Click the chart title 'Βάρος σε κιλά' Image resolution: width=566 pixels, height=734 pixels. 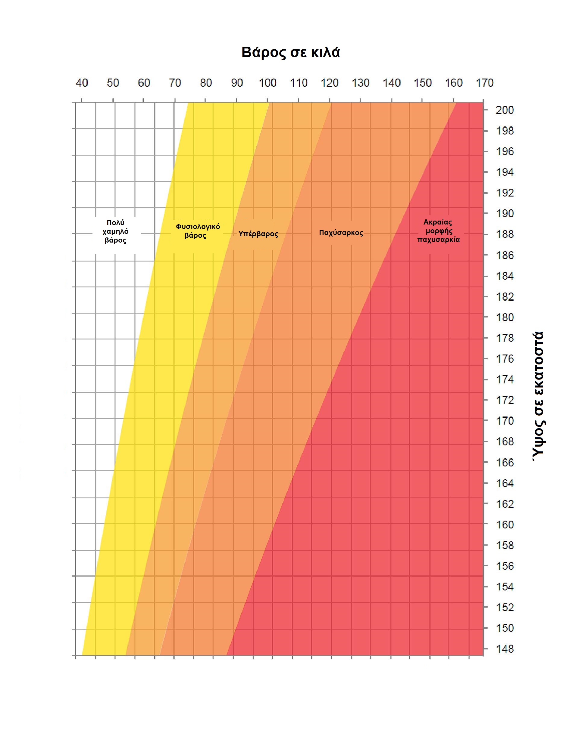coord(291,52)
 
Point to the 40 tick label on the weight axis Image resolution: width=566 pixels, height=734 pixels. coord(82,83)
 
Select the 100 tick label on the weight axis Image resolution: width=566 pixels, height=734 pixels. coord(267,83)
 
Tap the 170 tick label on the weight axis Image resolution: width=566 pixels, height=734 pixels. coord(484,83)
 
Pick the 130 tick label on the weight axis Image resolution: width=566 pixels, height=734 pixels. coord(361,83)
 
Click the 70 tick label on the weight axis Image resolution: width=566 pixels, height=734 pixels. coord(175,83)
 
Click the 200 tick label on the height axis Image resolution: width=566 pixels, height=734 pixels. coord(505,110)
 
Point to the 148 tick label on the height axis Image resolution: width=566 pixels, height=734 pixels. coord(505,649)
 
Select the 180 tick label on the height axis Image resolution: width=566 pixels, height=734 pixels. coord(505,317)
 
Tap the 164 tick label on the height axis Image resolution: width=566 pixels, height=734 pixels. coord(505,483)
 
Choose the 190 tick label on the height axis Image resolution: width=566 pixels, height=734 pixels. coord(505,213)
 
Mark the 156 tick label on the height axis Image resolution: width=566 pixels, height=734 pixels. coord(505,566)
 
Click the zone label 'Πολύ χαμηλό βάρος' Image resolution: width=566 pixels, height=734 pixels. coord(115,231)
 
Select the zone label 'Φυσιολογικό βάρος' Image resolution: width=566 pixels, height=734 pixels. coord(197,231)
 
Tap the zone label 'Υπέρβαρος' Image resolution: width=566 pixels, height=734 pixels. coord(258,234)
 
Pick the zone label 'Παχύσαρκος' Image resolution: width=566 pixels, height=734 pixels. coord(341,233)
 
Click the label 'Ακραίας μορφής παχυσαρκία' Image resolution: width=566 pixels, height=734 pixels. coord(438,231)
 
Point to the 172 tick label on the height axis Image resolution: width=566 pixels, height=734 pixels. coord(505,400)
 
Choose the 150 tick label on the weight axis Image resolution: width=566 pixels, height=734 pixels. coord(422,83)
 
